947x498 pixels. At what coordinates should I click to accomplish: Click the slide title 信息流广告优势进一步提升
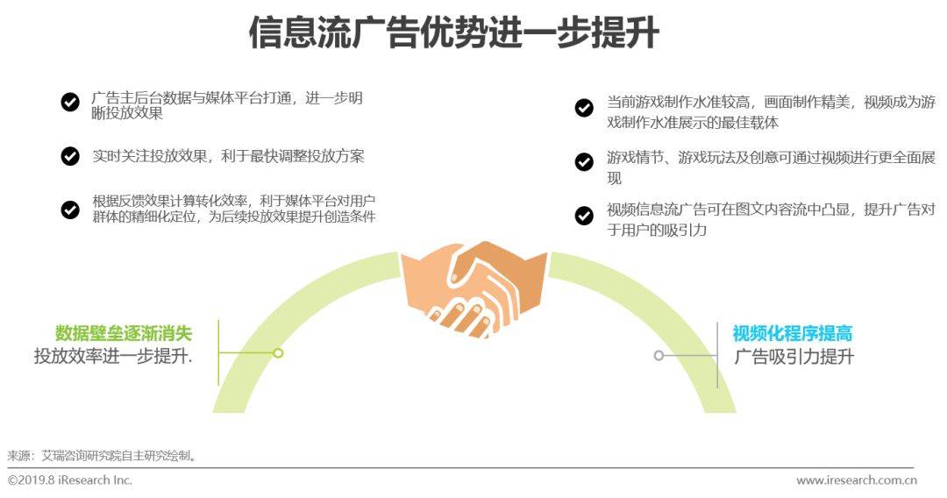(x=453, y=32)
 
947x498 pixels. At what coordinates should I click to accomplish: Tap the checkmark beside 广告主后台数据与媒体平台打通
(x=70, y=102)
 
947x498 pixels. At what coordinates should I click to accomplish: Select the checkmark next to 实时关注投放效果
(x=70, y=156)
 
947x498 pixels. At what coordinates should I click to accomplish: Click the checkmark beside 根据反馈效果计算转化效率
(x=70, y=210)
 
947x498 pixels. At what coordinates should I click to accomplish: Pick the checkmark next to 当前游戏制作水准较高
(x=584, y=108)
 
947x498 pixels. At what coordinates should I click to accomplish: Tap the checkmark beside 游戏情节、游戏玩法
(x=584, y=162)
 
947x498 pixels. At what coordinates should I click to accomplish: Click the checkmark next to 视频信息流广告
(x=584, y=216)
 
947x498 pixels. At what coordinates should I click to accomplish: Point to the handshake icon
(x=474, y=288)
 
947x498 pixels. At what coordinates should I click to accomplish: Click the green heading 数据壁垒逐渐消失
(x=124, y=333)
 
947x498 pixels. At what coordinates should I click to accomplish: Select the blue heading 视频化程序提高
(x=793, y=333)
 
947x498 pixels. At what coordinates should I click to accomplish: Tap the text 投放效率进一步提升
(x=113, y=356)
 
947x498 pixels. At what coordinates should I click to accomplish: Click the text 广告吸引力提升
(x=794, y=357)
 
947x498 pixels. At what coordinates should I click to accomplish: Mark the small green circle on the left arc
(x=278, y=353)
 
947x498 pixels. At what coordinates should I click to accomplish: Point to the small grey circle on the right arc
(x=659, y=356)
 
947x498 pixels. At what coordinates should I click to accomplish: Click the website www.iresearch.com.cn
(x=857, y=480)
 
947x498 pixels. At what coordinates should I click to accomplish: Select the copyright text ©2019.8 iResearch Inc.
(x=69, y=480)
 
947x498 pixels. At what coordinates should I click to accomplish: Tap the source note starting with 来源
(x=102, y=456)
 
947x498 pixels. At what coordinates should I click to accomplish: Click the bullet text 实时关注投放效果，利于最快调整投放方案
(x=228, y=156)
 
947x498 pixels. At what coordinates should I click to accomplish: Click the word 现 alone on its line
(x=614, y=178)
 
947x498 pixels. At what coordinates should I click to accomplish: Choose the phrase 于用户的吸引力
(x=657, y=230)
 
